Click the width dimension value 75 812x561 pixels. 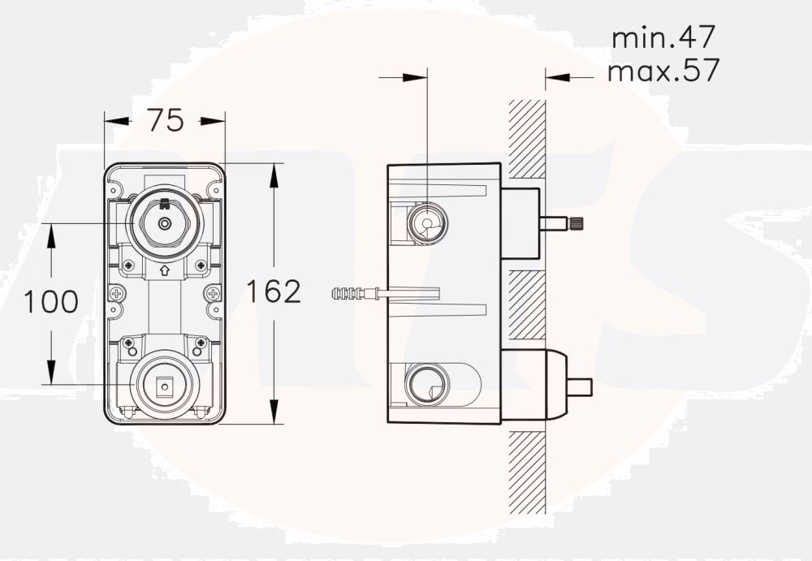tap(165, 121)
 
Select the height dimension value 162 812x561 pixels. tap(273, 291)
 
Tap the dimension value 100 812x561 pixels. tap(50, 302)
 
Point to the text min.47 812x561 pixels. tap(664, 37)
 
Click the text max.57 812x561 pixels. tap(663, 71)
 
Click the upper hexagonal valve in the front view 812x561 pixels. tap(165, 222)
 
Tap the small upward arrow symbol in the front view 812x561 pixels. tap(165, 271)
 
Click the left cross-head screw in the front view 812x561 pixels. tap(118, 293)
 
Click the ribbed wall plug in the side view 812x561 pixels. tap(349, 293)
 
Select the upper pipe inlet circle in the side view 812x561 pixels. tap(425, 222)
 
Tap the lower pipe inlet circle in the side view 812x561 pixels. tap(425, 383)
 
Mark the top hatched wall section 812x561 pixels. tap(527, 138)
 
